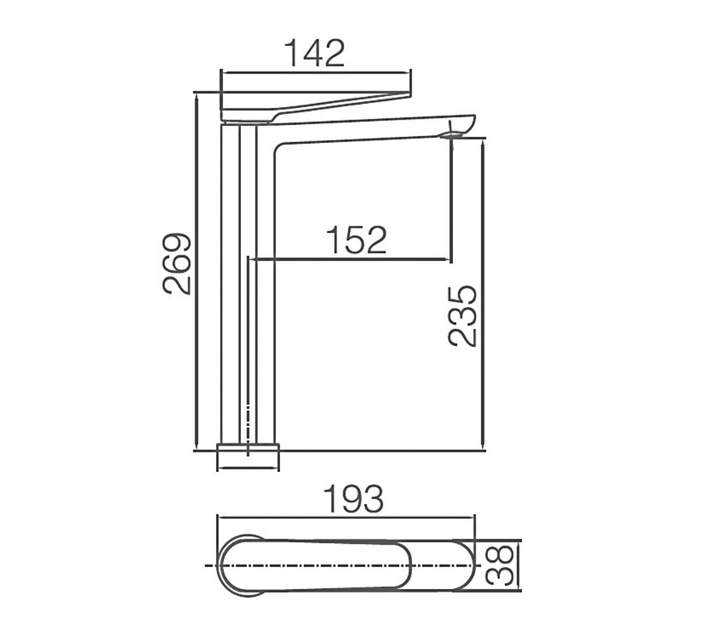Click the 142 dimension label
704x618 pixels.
[315, 53]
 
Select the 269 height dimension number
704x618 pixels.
[177, 263]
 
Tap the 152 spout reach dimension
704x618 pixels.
[356, 240]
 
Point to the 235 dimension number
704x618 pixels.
[462, 316]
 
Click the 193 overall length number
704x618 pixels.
[354, 498]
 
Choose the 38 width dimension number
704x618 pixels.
[499, 565]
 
